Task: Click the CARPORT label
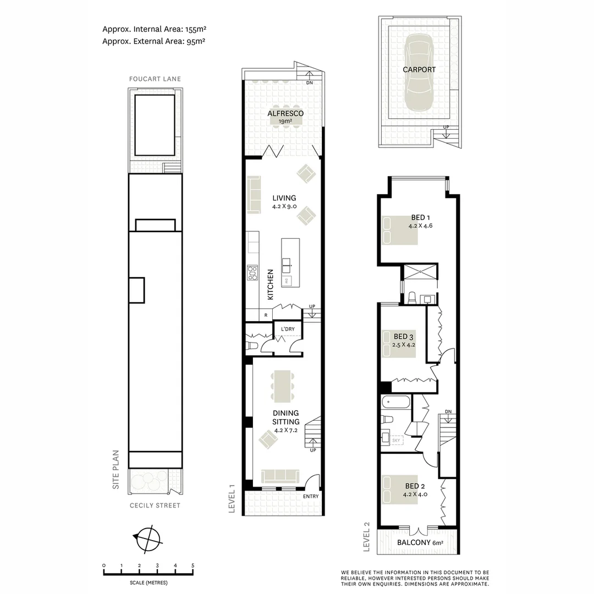419,70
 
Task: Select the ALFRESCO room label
285,113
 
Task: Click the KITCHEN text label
271,284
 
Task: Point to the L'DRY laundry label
288,329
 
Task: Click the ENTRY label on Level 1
310,497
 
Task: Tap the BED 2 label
415,486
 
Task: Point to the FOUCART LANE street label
155,79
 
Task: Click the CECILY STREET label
155,505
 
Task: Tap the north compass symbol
146,538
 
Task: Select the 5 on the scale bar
193,565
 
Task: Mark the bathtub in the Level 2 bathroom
395,402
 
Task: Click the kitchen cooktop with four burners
252,273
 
